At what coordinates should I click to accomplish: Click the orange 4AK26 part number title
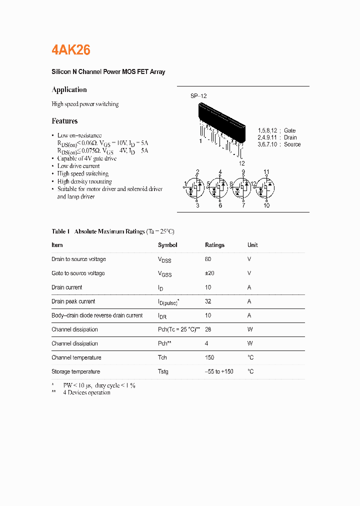coord(71,49)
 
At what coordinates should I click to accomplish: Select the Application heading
coord(69,89)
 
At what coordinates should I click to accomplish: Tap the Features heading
coord(64,121)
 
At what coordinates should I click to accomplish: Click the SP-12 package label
coord(198,96)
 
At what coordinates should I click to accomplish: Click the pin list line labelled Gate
coord(276,130)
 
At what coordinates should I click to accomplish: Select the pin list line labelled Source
coord(279,144)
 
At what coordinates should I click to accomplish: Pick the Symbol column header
coord(167,245)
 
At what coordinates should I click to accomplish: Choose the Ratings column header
coord(214,245)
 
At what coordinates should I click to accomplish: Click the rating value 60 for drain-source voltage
coord(208,259)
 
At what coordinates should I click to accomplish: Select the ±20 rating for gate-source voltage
coord(209,273)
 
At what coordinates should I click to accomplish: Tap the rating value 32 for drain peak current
coord(208,301)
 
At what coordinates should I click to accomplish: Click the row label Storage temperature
coord(75,371)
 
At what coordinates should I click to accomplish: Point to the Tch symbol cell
coord(162,357)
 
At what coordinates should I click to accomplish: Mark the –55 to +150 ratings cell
coord(219,371)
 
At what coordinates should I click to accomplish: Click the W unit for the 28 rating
coord(250,329)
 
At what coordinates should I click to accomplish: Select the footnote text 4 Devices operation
coord(86,392)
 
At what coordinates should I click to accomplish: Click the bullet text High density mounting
coord(84,181)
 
